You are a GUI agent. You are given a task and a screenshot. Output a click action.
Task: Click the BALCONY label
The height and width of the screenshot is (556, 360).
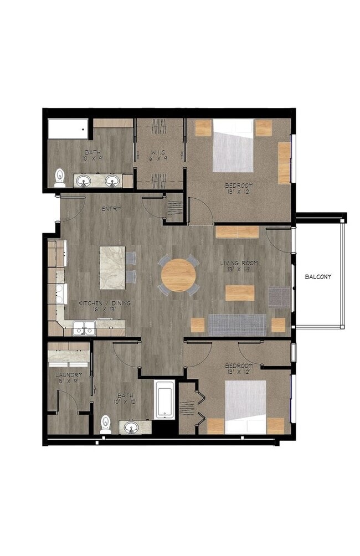(x=318, y=276)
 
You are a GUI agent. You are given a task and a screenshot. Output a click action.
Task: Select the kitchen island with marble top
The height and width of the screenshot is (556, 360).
(x=112, y=267)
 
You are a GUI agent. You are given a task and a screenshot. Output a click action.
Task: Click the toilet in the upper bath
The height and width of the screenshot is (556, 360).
(x=60, y=178)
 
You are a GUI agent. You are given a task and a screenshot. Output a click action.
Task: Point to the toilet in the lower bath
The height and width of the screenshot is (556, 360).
(x=105, y=424)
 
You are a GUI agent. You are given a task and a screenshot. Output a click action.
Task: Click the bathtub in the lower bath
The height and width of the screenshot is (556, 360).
(x=165, y=400)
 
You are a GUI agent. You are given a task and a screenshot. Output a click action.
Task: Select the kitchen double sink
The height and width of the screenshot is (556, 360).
(x=85, y=328)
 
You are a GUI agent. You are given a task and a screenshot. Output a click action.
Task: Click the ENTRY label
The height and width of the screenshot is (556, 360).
(x=112, y=209)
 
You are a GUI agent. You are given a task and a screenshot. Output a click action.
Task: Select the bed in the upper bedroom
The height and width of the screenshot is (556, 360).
(x=233, y=145)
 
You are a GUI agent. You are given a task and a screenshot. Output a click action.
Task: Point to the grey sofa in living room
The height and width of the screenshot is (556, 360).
(x=236, y=325)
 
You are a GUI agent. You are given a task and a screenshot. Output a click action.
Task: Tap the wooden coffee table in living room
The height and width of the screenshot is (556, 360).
(x=240, y=293)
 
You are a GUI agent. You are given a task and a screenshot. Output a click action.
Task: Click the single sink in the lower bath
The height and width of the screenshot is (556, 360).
(x=132, y=427)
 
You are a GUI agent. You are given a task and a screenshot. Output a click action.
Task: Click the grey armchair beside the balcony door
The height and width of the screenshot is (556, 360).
(x=279, y=296)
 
